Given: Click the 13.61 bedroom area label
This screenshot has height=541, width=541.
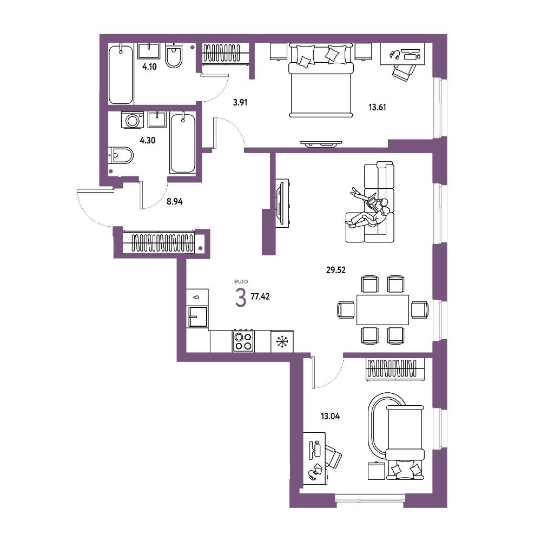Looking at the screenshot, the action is [x=377, y=107].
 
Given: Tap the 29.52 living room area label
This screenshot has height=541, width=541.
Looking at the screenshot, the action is [x=336, y=270].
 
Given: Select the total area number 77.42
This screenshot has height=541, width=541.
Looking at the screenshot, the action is [x=260, y=296].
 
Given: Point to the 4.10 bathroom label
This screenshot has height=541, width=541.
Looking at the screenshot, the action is [x=149, y=67].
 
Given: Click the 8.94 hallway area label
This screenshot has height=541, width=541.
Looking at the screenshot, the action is [x=175, y=201].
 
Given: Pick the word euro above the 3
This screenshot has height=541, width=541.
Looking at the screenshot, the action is [x=241, y=281].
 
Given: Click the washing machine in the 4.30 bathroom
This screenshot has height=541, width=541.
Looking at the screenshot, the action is [x=132, y=120].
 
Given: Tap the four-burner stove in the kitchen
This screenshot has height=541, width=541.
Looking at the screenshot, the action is [x=243, y=341].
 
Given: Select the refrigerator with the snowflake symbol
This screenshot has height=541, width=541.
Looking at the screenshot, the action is [x=282, y=341].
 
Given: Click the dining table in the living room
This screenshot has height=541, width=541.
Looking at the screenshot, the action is [x=382, y=309].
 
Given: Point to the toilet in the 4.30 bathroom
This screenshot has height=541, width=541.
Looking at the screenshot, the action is [x=121, y=156].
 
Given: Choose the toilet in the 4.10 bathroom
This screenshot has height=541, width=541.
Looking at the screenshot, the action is [x=174, y=55].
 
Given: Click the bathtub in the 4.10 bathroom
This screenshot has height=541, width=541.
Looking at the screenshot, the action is [x=121, y=74].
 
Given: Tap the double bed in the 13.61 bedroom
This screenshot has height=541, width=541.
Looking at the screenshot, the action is [x=321, y=80].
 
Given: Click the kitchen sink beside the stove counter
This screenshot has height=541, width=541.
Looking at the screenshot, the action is [x=197, y=316].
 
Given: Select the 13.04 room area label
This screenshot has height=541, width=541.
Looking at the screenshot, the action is [x=330, y=416].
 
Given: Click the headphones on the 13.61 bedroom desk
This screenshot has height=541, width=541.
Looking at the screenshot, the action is [x=394, y=54].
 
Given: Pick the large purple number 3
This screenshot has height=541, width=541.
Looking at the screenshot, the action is [x=241, y=298].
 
